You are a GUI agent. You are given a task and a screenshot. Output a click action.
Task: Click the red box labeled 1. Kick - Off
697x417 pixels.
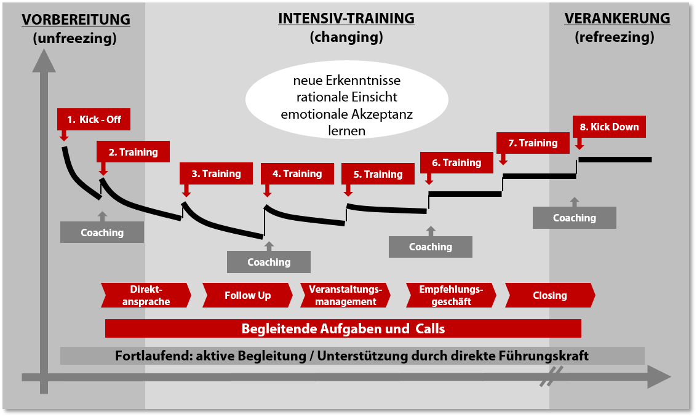[94, 119]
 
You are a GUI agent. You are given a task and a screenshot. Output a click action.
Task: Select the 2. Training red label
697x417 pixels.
[133, 152]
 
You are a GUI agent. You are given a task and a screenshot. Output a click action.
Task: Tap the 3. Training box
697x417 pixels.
[216, 173]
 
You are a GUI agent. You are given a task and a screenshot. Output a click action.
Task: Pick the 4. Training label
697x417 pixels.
[297, 173]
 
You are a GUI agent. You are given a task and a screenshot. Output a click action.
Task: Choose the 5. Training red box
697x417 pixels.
[378, 174]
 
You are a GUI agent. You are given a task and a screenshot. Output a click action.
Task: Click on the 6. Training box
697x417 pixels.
[456, 162]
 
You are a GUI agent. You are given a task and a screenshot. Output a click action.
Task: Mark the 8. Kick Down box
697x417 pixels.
[610, 127]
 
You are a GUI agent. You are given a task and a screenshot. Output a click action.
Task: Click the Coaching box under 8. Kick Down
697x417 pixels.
[574, 218]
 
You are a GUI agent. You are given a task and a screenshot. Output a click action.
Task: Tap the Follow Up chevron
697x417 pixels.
[247, 295]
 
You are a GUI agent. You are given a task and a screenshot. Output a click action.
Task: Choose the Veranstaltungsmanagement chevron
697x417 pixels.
[345, 295]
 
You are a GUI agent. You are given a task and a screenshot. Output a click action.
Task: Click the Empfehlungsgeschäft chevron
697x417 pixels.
[451, 295]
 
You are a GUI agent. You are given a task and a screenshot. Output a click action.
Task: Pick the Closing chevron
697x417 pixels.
[549, 295]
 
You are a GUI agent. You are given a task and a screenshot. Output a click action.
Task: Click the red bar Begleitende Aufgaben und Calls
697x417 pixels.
[343, 328]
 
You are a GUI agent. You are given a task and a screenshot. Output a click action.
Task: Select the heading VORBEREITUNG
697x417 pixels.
[76, 19]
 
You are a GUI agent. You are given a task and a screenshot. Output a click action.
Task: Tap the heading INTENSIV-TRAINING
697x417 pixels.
[346, 18]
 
